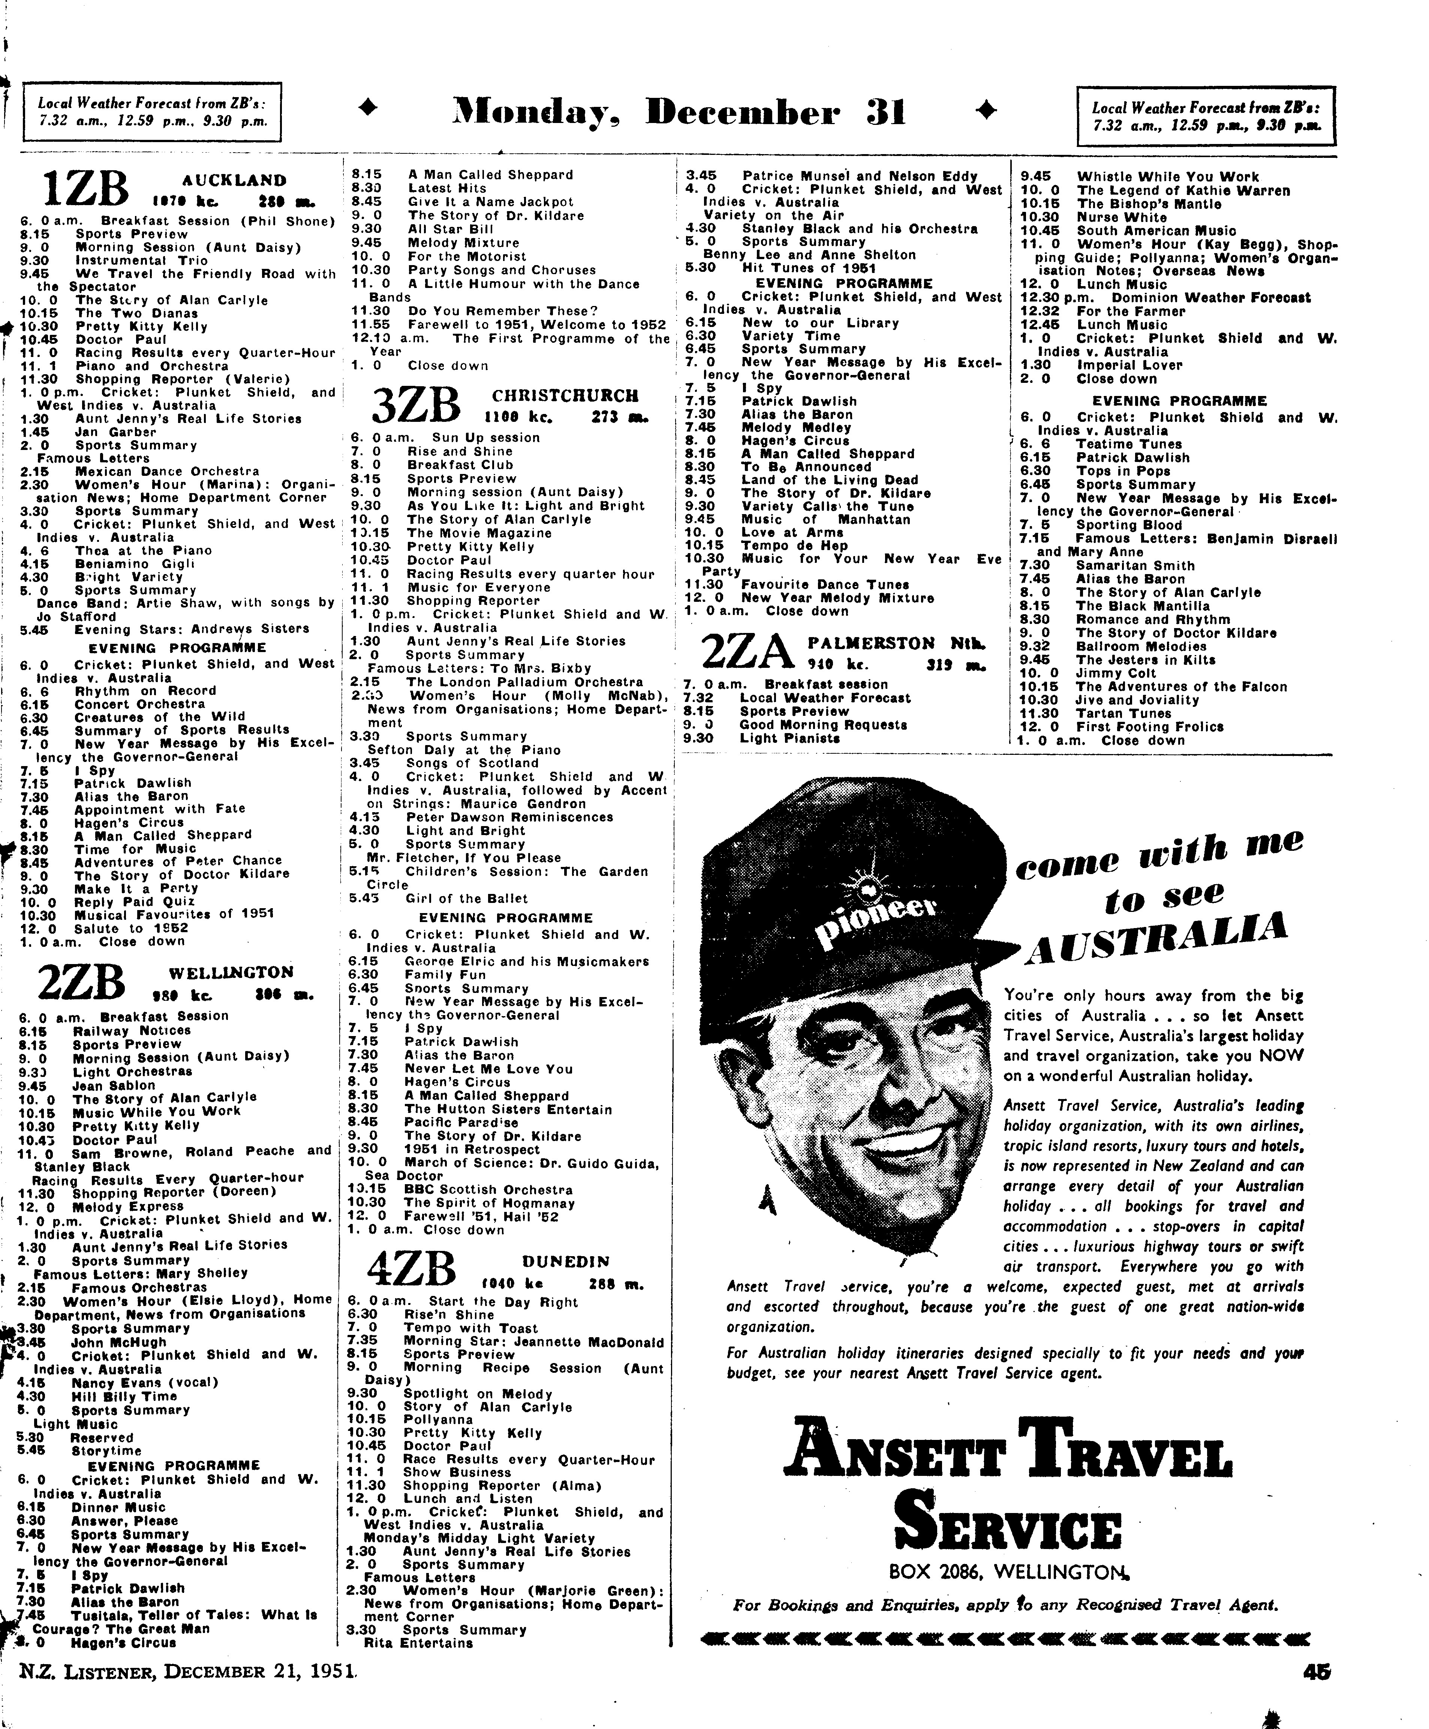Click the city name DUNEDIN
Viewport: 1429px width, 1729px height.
pyautogui.click(x=566, y=1261)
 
